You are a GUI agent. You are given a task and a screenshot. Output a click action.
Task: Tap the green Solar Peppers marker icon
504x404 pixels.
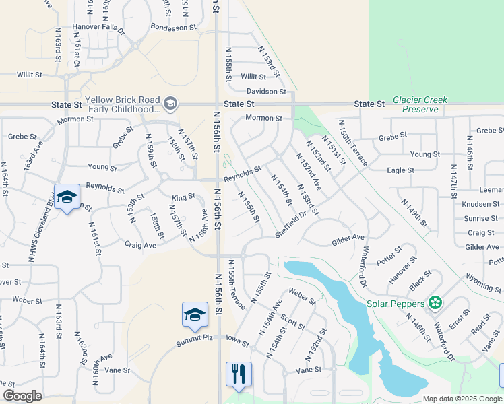(435, 303)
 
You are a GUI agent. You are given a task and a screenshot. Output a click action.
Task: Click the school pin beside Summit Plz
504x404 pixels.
(195, 314)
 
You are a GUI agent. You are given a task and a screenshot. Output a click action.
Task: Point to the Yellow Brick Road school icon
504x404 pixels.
(170, 104)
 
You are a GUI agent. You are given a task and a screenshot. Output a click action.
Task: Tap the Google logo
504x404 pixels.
(22, 396)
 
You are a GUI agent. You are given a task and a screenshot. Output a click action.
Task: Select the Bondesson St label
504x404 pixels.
(173, 28)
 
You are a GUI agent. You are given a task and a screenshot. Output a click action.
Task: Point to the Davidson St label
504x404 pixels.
(266, 91)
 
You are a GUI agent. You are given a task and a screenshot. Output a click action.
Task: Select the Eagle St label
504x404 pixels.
(400, 171)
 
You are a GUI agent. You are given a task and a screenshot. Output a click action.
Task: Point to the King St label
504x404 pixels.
(183, 197)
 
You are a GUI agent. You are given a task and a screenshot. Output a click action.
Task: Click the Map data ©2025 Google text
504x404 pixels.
(462, 399)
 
